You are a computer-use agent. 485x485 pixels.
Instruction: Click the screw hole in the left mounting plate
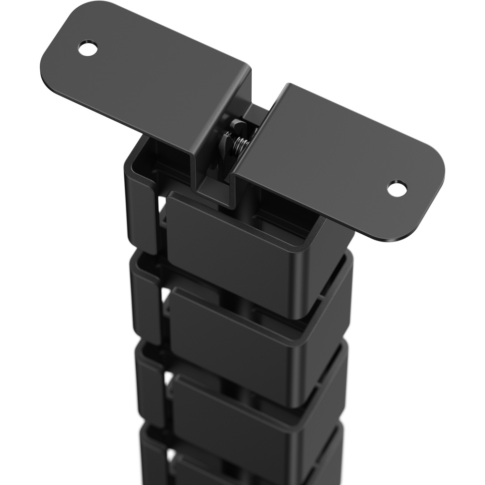coord(88,48)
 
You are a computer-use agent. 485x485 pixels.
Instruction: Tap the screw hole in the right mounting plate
coord(397,189)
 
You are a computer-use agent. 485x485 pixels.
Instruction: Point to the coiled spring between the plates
coord(241,144)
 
